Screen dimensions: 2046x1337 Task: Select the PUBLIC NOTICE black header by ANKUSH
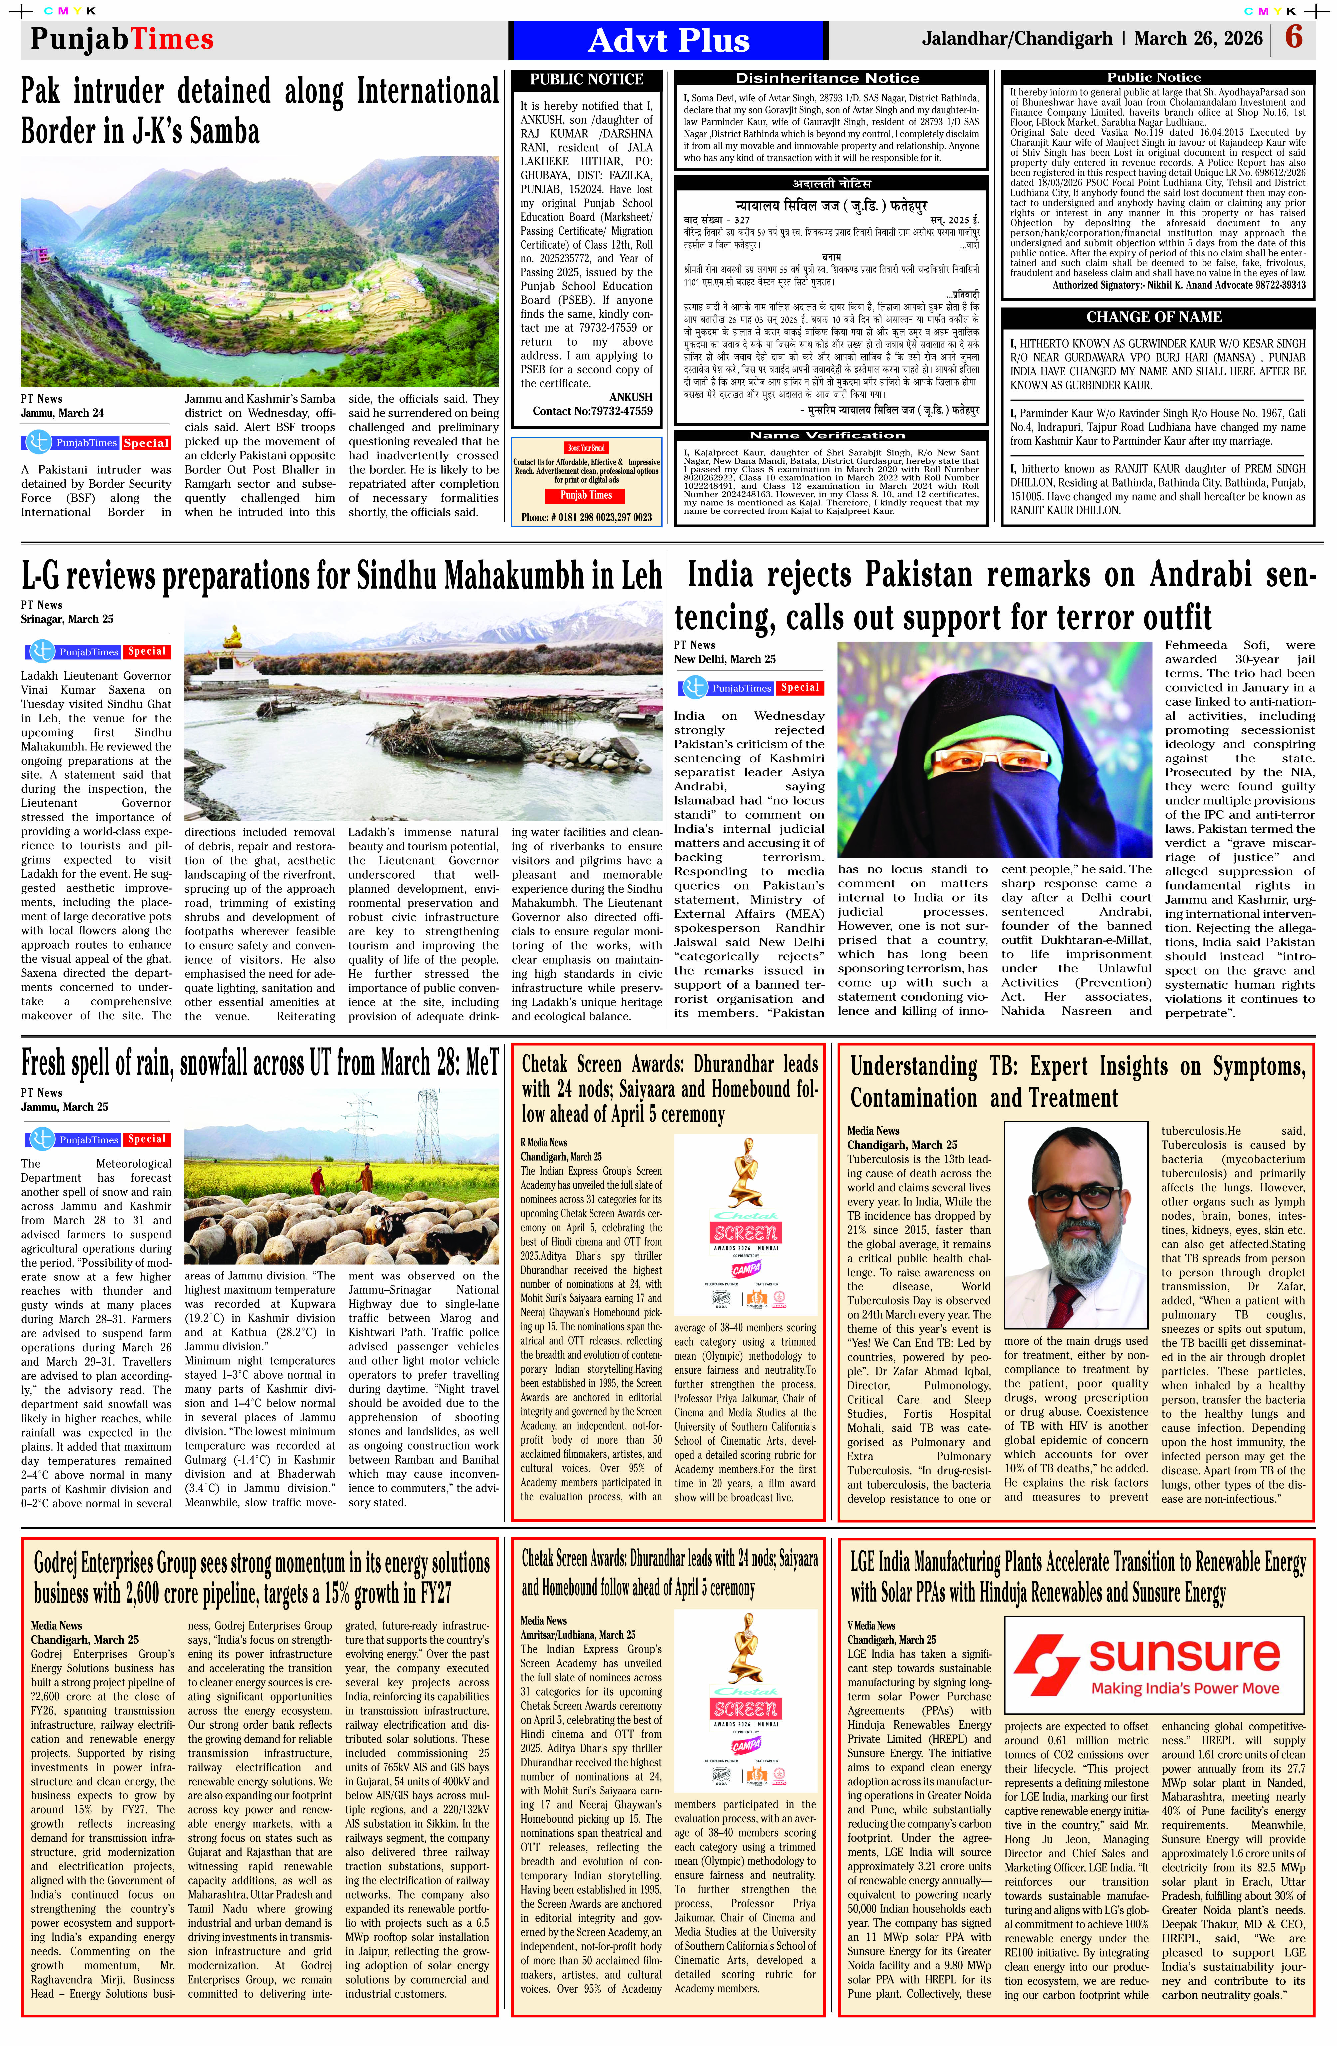pyautogui.click(x=586, y=79)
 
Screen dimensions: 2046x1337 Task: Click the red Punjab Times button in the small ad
pyautogui.click(x=586, y=495)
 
